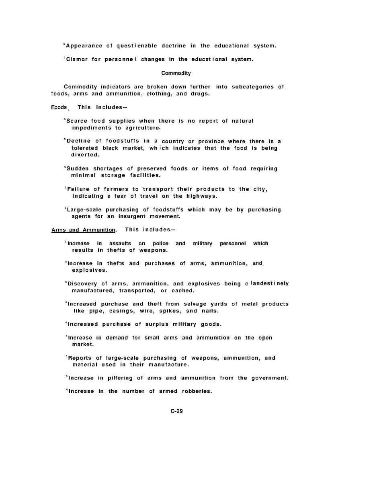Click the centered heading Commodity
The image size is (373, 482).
pyautogui.click(x=176, y=73)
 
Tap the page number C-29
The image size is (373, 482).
pyautogui.click(x=177, y=411)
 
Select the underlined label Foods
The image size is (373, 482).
pyautogui.click(x=59, y=107)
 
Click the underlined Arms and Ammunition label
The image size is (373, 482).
pyautogui.click(x=84, y=230)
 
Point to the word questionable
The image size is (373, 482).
pyautogui.click(x=137, y=46)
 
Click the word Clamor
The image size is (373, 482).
pyautogui.click(x=77, y=59)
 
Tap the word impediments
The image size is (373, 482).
pyautogui.click(x=91, y=128)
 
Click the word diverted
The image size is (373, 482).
pyautogui.click(x=85, y=155)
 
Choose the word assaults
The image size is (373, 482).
pyautogui.click(x=120, y=244)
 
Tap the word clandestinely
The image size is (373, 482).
pyautogui.click(x=267, y=284)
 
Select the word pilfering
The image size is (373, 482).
pyautogui.click(x=120, y=378)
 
